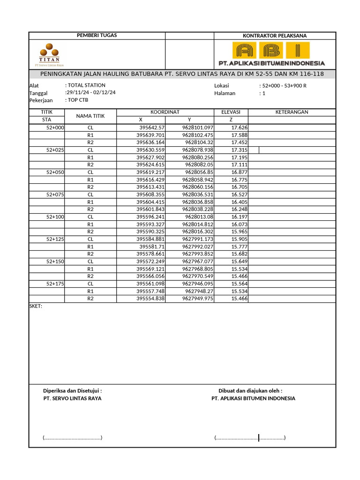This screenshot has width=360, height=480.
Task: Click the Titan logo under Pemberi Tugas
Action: pos(49,54)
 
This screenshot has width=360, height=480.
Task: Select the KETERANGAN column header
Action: pos(292,112)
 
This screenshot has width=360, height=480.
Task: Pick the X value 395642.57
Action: pos(152,127)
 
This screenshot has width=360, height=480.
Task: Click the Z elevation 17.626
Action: pos(240,127)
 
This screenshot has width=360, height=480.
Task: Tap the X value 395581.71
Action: pos(153,246)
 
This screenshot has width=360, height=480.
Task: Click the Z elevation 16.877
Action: pos(240,172)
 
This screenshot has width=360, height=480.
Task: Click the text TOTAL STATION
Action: pos(86,85)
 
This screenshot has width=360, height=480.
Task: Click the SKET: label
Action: pos(36,306)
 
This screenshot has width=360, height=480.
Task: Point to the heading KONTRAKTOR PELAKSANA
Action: pos(275,36)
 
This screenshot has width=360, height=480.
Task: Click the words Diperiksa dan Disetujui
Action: pos(72,390)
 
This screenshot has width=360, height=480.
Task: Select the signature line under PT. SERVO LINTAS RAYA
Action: pos(72,438)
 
